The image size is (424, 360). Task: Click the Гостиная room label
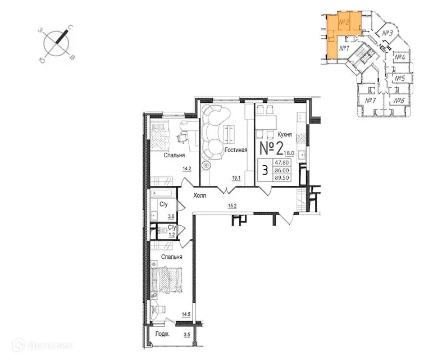click(236, 150)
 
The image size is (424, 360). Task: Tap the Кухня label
click(285, 134)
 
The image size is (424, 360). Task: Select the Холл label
click(199, 195)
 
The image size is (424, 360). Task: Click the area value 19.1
click(236, 178)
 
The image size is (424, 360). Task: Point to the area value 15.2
click(232, 206)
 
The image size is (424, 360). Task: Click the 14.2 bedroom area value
click(187, 169)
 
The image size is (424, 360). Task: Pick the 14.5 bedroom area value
click(186, 315)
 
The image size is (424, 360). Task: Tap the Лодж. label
click(162, 334)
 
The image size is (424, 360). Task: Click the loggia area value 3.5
click(187, 335)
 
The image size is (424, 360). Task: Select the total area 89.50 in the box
click(282, 177)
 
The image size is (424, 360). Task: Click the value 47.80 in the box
click(282, 162)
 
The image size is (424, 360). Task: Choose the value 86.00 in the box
click(282, 170)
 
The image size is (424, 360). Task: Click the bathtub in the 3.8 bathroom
click(163, 193)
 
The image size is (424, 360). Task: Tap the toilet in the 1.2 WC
click(163, 231)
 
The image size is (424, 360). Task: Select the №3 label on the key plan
click(387, 33)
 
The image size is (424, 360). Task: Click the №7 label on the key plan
click(371, 101)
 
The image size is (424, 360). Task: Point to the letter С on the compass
click(70, 27)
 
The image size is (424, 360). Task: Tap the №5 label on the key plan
click(400, 79)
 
